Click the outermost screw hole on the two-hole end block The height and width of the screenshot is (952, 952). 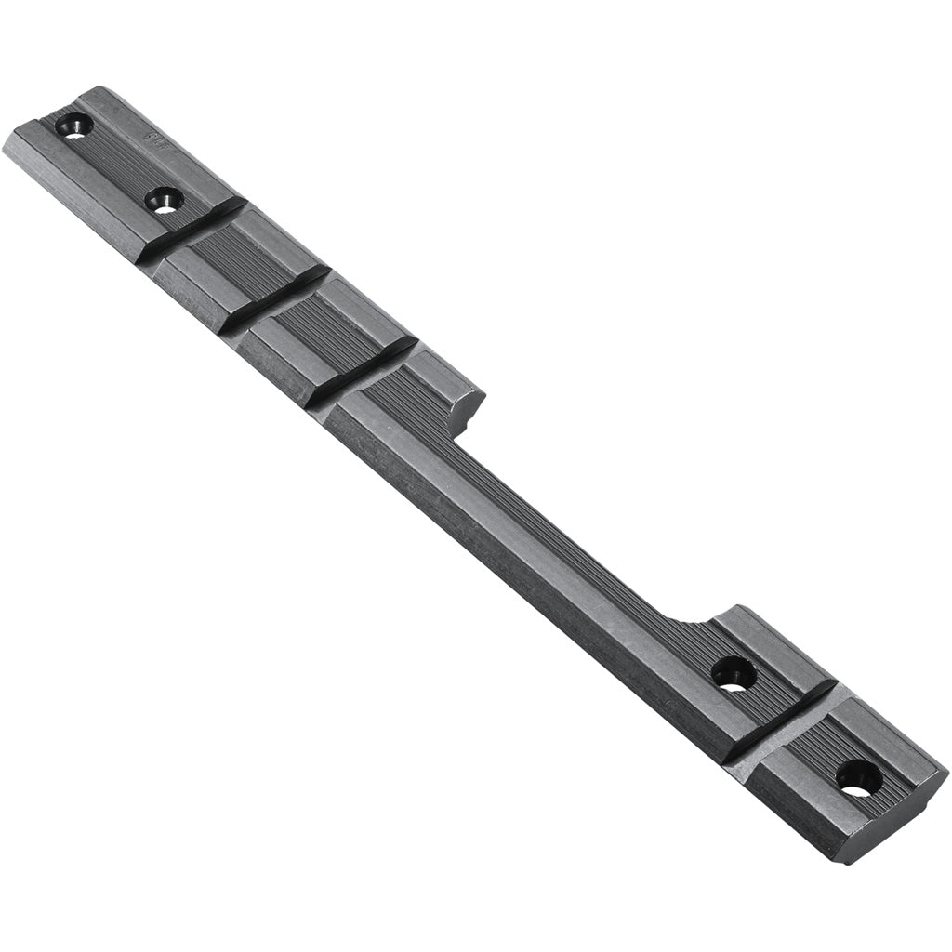tap(73, 125)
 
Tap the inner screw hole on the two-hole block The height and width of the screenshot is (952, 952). tap(165, 199)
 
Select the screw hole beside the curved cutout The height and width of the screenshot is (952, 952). tap(734, 673)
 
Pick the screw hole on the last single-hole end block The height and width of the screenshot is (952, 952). tap(858, 777)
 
